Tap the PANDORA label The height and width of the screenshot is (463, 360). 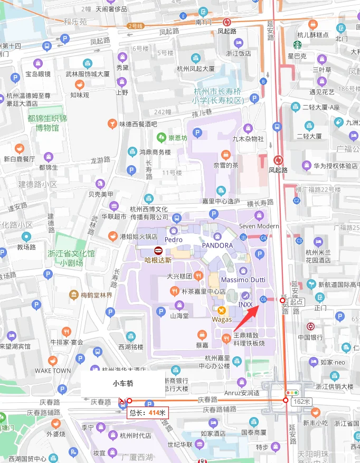pyautogui.click(x=217, y=245)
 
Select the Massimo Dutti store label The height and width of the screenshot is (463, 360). pyautogui.click(x=243, y=279)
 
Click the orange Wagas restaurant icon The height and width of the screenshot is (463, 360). pyautogui.click(x=222, y=310)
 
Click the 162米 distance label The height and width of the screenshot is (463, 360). pyautogui.click(x=301, y=402)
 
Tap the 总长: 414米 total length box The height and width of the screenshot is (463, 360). pyautogui.click(x=148, y=412)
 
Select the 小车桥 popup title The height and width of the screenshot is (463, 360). pyautogui.click(x=122, y=383)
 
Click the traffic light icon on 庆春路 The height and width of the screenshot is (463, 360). pyautogui.click(x=291, y=393)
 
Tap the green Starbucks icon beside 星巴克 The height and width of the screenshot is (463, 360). pyautogui.click(x=297, y=45)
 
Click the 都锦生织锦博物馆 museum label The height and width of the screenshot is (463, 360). pyautogui.click(x=48, y=123)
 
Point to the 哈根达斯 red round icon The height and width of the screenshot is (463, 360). pyautogui.click(x=158, y=251)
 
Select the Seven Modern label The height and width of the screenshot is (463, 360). pyautogui.click(x=259, y=226)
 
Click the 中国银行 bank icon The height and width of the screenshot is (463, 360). pyautogui.click(x=311, y=327)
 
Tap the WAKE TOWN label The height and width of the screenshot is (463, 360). pyautogui.click(x=53, y=371)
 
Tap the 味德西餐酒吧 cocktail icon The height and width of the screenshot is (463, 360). pyautogui.click(x=112, y=124)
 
